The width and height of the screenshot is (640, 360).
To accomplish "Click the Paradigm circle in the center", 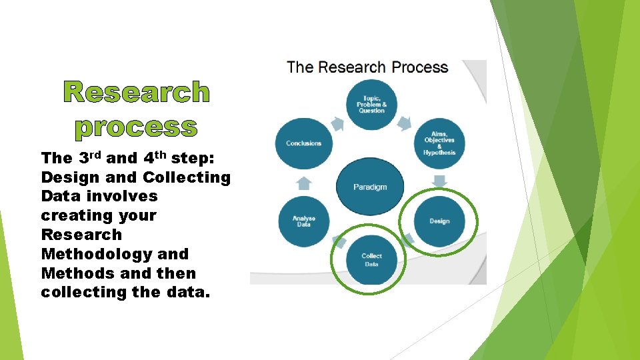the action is pos(370,187).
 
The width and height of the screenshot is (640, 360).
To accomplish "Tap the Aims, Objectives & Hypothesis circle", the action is pos(439,143).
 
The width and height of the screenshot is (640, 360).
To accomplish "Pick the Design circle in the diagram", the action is pos(439,221).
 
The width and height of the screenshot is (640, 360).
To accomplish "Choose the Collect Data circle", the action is pos(371,259).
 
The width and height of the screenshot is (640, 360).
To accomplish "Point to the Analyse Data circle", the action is pos(303,221).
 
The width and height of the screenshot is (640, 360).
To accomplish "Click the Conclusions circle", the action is pos(303,143).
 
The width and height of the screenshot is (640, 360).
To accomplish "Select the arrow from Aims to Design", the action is pos(439,181).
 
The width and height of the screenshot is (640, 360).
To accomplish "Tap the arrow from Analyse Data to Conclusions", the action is pos(303,182).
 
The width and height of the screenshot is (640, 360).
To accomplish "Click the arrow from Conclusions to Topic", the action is pos(337,123).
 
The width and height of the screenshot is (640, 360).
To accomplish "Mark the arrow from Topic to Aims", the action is pos(405,122).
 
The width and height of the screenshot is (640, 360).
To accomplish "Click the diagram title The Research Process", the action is pos(367,67).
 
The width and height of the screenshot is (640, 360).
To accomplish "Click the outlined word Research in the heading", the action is pos(137,93).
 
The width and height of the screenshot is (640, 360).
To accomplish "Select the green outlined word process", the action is pos(136,126).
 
